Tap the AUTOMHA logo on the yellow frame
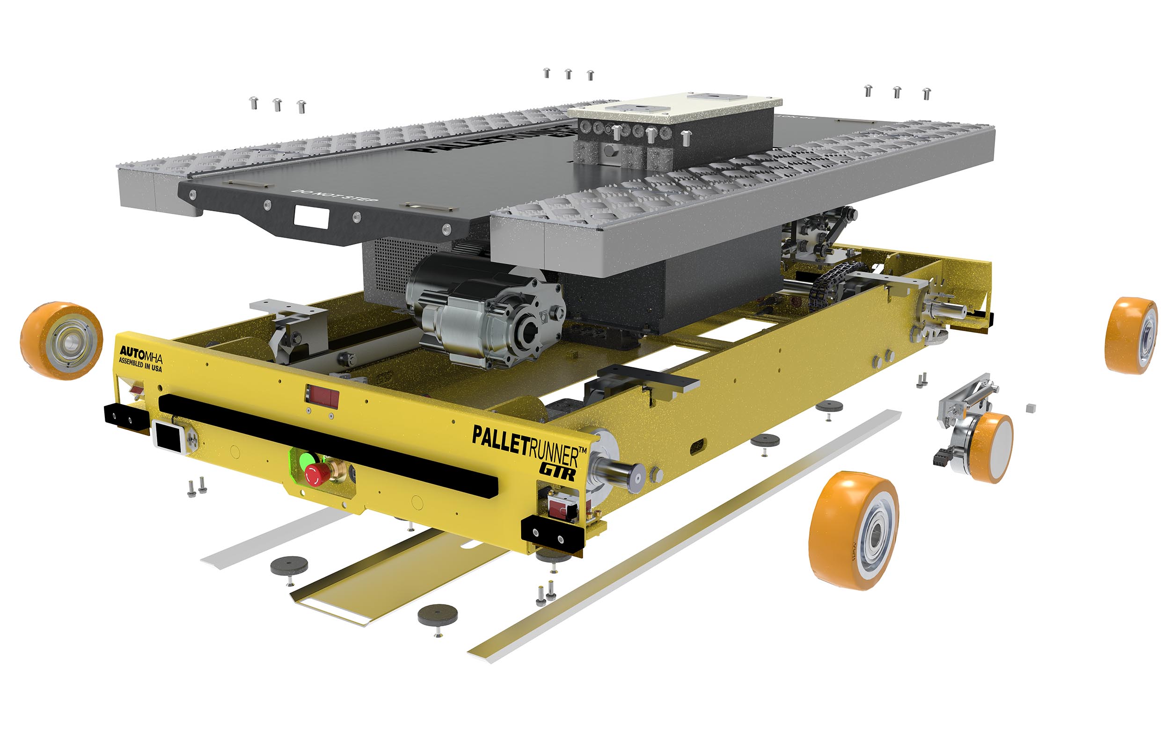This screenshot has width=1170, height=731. [x=140, y=353]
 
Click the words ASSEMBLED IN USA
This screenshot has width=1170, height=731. [x=140, y=364]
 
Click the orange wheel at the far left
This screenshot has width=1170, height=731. [x=61, y=340]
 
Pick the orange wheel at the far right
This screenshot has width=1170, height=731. [x=1131, y=335]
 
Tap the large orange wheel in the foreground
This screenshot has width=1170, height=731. [x=854, y=530]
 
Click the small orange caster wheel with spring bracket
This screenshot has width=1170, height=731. [x=991, y=447]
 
